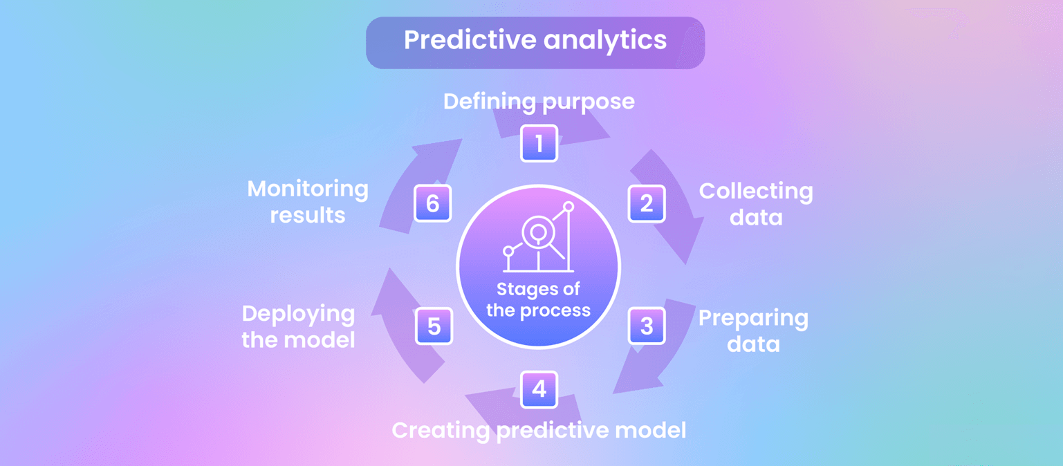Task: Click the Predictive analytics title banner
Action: click(x=535, y=42)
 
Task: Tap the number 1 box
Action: click(x=539, y=143)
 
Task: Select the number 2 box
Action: click(x=647, y=203)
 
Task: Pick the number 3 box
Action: click(x=647, y=326)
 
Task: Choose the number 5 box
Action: click(x=434, y=326)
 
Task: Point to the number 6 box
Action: click(x=432, y=203)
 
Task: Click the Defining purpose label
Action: click(x=539, y=102)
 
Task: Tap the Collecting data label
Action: click(x=755, y=204)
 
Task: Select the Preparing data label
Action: click(x=753, y=330)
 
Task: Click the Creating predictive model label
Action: click(x=539, y=430)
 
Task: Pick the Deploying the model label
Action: click(x=298, y=326)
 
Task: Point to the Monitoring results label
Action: click(x=308, y=201)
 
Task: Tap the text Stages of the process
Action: click(x=538, y=300)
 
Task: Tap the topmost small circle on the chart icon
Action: click(x=569, y=206)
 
